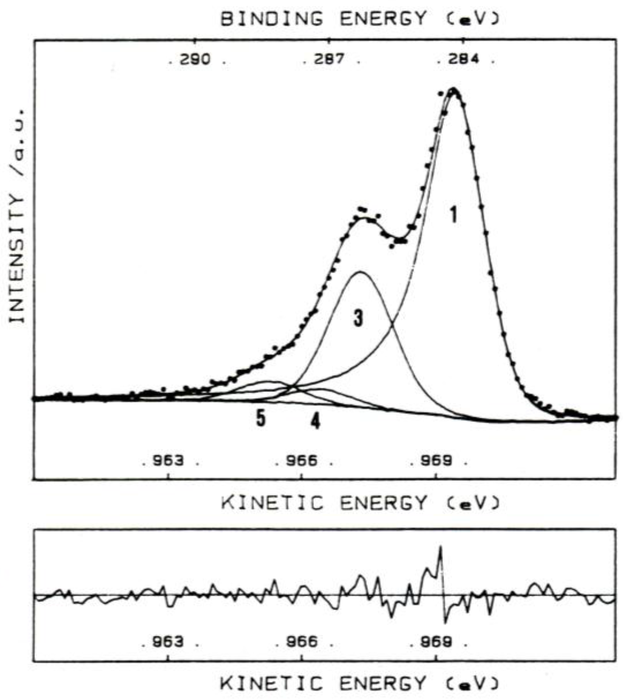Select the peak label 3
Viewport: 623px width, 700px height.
[x=358, y=318]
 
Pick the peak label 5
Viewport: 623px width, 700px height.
[x=261, y=420]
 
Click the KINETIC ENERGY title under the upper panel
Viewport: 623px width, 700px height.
[x=360, y=502]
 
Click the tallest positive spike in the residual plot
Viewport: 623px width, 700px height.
[x=440, y=547]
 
